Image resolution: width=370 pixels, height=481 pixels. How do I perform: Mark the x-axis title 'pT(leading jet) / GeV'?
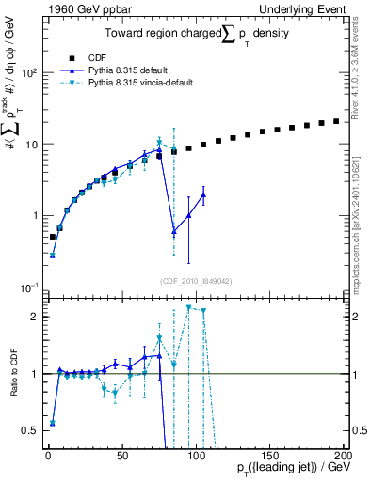pos(294,468)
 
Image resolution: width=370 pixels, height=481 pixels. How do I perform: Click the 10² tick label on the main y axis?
pos(29,72)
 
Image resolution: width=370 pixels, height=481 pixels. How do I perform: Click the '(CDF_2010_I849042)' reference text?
pos(194,281)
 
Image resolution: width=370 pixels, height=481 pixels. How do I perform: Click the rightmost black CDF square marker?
pos(336,121)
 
